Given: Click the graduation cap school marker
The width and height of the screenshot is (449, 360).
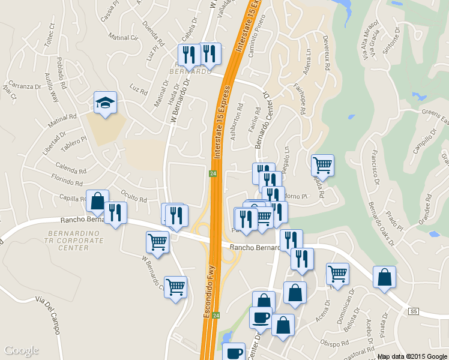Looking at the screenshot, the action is (105, 103).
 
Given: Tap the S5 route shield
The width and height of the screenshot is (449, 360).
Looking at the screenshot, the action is (413, 311).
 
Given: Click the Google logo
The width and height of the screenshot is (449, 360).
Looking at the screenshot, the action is (21, 350).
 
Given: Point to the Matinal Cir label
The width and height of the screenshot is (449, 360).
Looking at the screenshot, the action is (124, 38).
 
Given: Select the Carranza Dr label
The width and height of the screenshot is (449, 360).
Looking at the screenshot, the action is (22, 86).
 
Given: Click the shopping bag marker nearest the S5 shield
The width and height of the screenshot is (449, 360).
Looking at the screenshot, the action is (384, 277).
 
